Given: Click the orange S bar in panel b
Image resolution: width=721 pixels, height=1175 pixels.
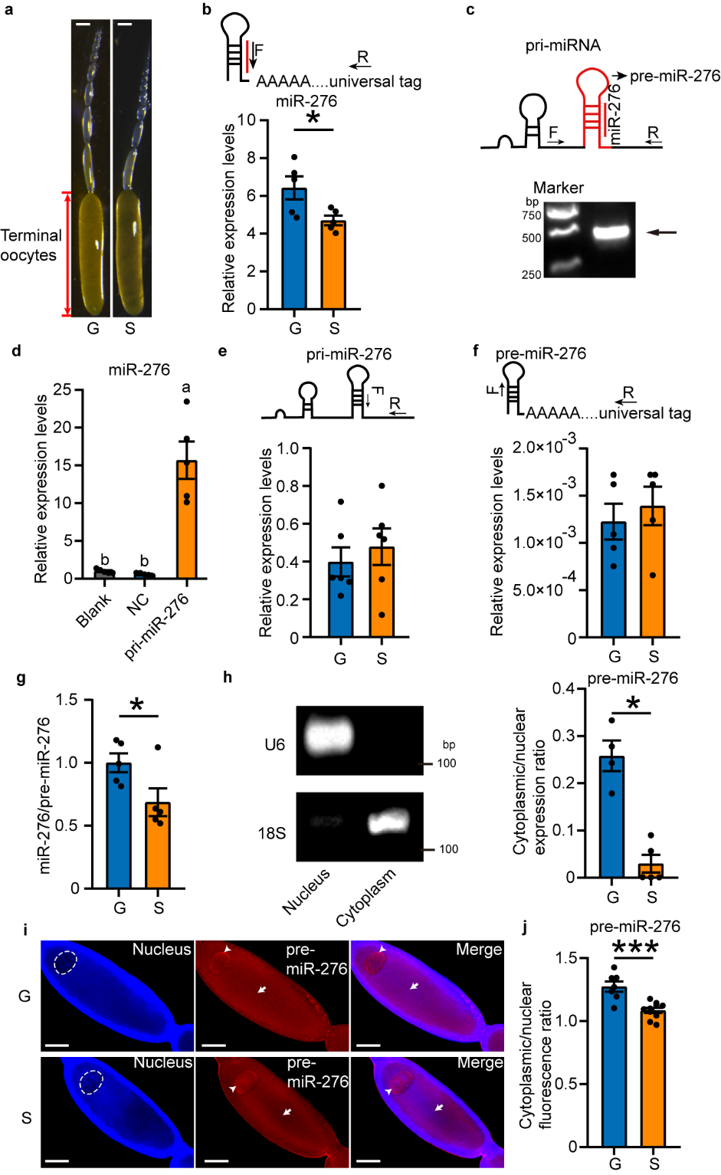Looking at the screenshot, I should pos(333,264).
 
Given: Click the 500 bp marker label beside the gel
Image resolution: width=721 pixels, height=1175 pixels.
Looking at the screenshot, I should pos(532,238).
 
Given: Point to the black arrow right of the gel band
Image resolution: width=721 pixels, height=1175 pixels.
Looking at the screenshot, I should pos(661,231).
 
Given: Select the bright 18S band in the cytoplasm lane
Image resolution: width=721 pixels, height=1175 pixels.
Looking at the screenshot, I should pos(390,822).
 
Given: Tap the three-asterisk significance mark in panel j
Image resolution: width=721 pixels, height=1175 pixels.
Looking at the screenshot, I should pos(634,947).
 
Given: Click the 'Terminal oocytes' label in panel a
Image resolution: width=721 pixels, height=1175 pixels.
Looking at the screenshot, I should pos(31,245).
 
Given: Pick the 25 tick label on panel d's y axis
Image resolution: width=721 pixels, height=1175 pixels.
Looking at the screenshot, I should pos(62,390).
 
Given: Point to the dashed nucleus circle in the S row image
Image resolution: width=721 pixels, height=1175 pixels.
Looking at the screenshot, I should pos(91,1083).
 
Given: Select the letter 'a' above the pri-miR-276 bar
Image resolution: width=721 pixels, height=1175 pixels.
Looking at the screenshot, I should pos(185,387).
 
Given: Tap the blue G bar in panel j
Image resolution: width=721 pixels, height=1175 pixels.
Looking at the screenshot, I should pos(614,1066).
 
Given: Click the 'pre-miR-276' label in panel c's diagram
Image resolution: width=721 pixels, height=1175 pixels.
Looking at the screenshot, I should pos(674,76).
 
